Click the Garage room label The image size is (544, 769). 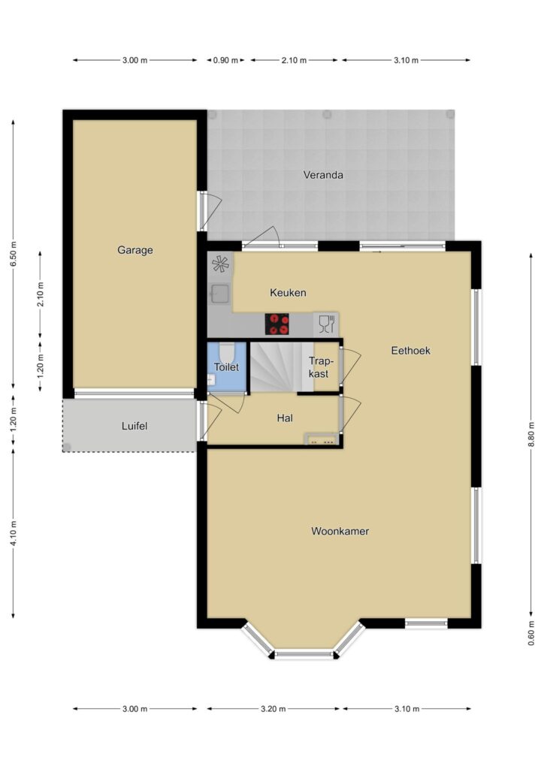[x=135, y=250]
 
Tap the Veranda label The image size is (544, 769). [x=323, y=175]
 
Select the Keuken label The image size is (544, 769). [x=288, y=293]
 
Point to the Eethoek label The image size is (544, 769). [x=410, y=351]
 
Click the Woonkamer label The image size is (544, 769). [x=340, y=531]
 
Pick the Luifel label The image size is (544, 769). [x=134, y=427]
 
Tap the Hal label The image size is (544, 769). [x=285, y=418]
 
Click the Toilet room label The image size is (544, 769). [x=226, y=366]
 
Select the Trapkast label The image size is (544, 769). [x=320, y=367]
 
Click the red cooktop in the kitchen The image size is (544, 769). [x=277, y=324]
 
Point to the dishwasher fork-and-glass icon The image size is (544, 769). [x=326, y=324]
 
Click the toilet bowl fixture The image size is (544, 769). [x=226, y=351]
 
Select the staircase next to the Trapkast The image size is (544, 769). [x=276, y=366]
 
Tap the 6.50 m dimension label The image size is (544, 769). [x=14, y=254]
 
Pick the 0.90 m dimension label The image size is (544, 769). [x=225, y=60]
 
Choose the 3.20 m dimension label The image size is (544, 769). [x=274, y=709]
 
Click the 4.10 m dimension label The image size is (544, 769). [x=14, y=533]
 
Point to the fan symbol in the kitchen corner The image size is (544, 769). [x=220, y=264]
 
